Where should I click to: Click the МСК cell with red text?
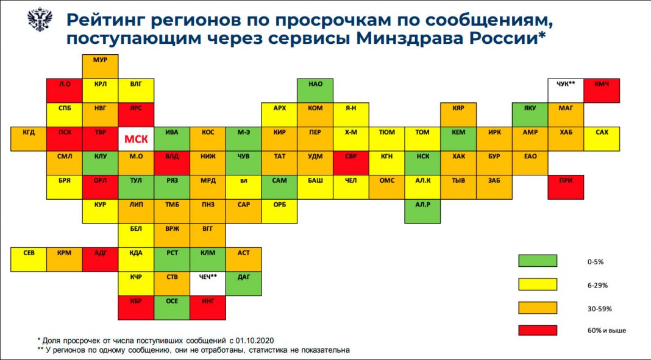136,139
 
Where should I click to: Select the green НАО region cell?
315,91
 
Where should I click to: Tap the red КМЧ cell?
602,91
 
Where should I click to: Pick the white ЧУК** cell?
566,91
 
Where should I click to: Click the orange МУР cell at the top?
101,67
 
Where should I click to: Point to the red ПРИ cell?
566,187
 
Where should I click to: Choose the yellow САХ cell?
602,139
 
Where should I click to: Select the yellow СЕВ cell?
29,259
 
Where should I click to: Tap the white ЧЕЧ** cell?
208,284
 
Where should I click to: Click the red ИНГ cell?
208,308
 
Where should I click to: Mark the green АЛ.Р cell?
422,211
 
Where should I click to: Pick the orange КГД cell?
29,139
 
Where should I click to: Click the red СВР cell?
351,163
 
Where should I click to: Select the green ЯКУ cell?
530,115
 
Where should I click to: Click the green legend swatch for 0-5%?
538,261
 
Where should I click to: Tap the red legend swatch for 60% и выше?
538,330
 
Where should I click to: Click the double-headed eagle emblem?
40,19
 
